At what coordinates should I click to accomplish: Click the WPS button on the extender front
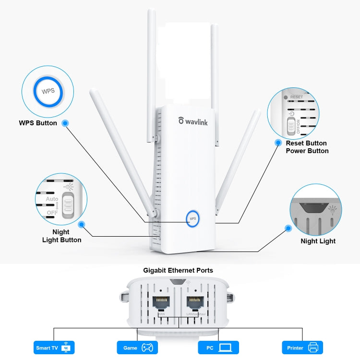(x=193, y=218)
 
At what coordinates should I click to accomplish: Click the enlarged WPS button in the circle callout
(x=48, y=91)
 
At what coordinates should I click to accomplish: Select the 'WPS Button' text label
(x=38, y=123)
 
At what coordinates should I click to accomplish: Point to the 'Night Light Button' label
(x=61, y=236)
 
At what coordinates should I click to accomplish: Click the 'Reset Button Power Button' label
(x=307, y=147)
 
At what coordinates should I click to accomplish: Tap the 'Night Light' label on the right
(x=318, y=241)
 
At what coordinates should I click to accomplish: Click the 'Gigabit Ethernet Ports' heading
(x=178, y=270)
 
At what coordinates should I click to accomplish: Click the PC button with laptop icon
(x=218, y=348)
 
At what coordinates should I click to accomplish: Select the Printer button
(x=302, y=348)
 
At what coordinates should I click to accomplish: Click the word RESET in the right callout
(x=297, y=97)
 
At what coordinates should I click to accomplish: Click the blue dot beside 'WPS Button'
(x=65, y=123)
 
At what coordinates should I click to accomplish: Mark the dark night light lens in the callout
(x=312, y=207)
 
